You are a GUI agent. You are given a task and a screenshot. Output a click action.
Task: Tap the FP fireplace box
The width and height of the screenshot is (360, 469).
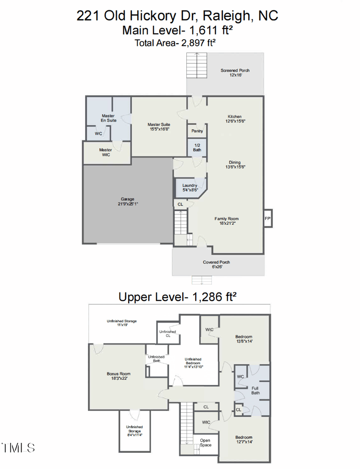pyautogui.click(x=267, y=218)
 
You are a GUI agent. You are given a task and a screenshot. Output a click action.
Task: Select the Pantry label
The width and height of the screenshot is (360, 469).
pyautogui.click(x=197, y=131)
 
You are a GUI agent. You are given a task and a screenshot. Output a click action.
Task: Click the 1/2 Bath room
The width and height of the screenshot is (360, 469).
pyautogui.click(x=197, y=147)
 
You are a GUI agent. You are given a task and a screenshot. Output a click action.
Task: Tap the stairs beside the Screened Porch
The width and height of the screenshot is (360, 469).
pyautogui.click(x=197, y=66)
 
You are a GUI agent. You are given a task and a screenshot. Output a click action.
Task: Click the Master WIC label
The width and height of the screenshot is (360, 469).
pyautogui.click(x=106, y=152)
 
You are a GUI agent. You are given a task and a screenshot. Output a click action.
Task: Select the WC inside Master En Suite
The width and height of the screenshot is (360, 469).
pyautogui.click(x=98, y=134)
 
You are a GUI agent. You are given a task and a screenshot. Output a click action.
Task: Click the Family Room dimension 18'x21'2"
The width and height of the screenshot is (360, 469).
pyautogui.click(x=226, y=222)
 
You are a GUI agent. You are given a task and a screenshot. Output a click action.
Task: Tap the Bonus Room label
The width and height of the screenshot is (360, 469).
pyautogui.click(x=118, y=376)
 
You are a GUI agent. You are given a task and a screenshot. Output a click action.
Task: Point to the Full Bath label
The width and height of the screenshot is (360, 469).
pyautogui.click(x=255, y=390)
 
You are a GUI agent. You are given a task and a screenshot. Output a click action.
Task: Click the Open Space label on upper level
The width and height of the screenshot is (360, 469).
pyautogui.click(x=205, y=442)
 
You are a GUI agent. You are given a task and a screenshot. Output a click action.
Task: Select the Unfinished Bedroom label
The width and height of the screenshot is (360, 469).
pyautogui.click(x=193, y=363)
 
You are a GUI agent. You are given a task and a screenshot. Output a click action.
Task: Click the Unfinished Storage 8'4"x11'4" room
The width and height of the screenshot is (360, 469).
pyautogui.click(x=134, y=431)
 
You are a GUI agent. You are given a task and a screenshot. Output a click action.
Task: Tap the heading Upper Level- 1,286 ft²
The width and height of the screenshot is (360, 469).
pyautogui.click(x=177, y=297)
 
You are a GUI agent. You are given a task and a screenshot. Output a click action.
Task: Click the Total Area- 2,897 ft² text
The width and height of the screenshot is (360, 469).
pyautogui.click(x=175, y=43)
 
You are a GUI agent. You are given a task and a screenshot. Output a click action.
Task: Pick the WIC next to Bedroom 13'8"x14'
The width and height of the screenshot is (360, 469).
pyautogui.click(x=209, y=330)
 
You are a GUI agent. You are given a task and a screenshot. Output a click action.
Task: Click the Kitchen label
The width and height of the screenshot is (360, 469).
pyautogui.click(x=234, y=118)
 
